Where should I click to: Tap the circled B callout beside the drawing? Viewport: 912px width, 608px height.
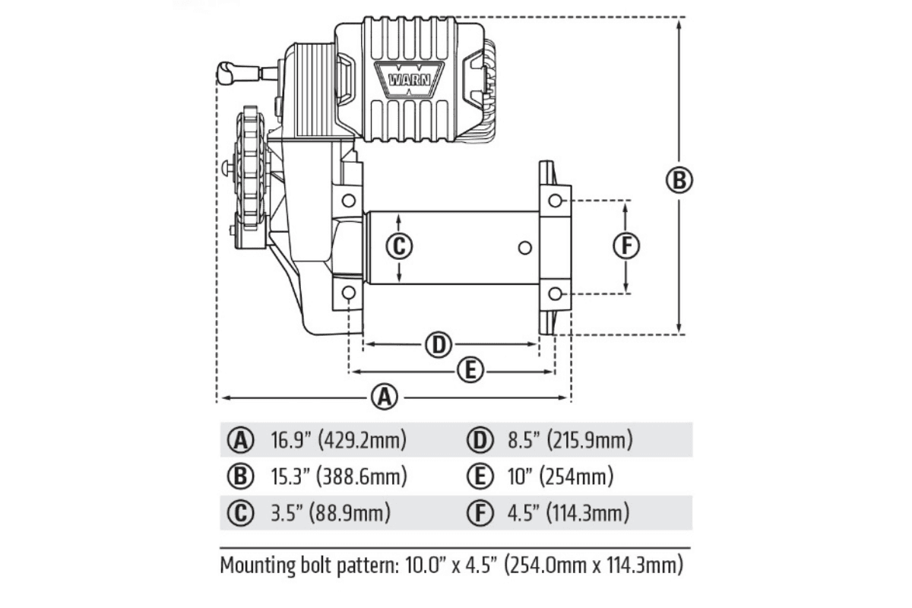point(679,180)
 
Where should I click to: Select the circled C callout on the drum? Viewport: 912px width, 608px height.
point(399,246)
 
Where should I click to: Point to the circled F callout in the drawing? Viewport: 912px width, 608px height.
point(626,245)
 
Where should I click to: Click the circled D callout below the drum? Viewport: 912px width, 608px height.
point(439,344)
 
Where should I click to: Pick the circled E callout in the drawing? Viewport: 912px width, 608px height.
point(470,370)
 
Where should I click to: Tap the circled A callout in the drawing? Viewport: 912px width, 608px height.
point(385,396)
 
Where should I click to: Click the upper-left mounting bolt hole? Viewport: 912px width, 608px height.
point(349,201)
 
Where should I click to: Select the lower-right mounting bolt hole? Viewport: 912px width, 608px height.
point(556,293)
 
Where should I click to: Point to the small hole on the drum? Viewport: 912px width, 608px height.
point(525,248)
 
